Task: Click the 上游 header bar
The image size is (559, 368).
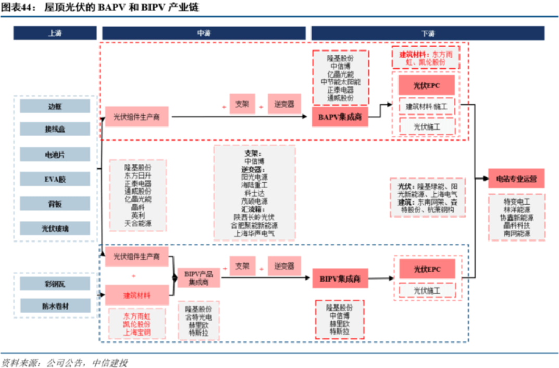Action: click(55, 33)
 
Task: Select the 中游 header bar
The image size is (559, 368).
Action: click(204, 33)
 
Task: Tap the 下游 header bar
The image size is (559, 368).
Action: click(428, 33)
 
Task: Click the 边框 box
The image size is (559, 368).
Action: click(55, 106)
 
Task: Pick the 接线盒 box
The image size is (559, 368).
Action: click(55, 129)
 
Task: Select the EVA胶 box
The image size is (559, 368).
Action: click(55, 179)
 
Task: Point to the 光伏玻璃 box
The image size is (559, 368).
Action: click(55, 228)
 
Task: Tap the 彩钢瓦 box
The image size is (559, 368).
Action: click(55, 284)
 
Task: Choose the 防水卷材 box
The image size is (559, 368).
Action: click(55, 306)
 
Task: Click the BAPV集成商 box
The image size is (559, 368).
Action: click(340, 118)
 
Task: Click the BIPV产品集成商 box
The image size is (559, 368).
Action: click(198, 278)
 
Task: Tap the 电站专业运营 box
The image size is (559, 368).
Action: click(516, 179)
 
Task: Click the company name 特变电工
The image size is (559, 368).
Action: click(516, 201)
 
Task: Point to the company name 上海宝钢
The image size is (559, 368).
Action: click(137, 332)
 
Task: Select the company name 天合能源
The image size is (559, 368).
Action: click(138, 223)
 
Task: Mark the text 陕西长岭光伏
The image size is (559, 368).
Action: click(254, 217)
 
